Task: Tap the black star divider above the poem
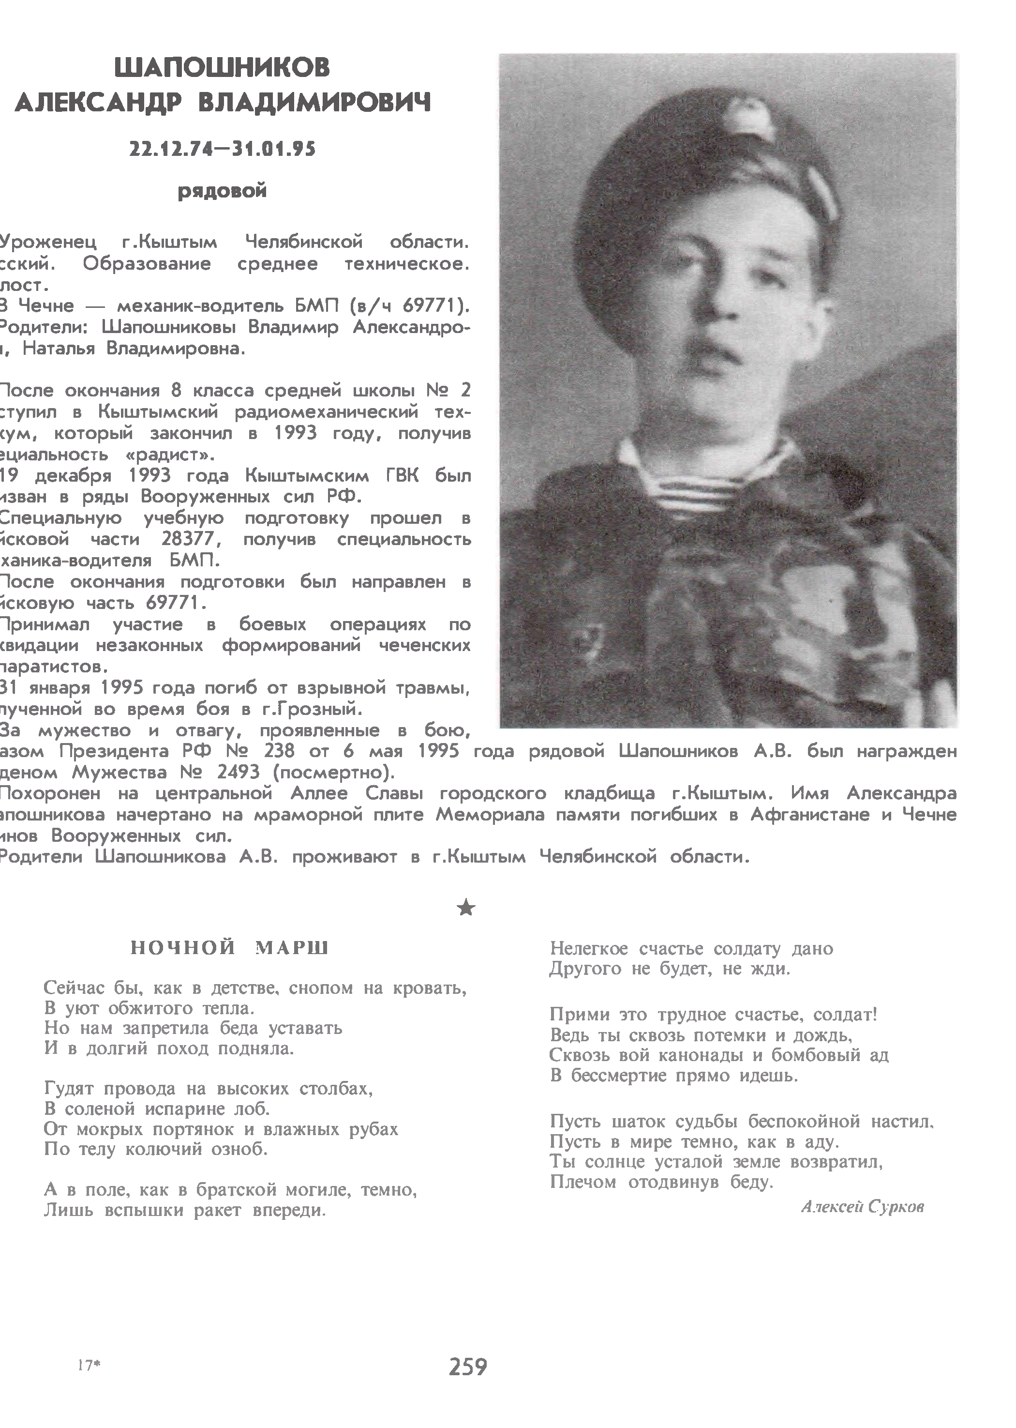[x=466, y=907]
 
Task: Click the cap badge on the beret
[x=749, y=118]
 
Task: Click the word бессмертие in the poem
[x=609, y=1076]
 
